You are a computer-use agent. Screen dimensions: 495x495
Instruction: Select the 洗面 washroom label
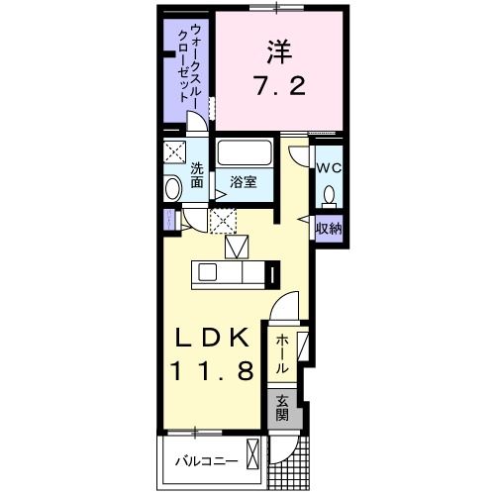pos(197,174)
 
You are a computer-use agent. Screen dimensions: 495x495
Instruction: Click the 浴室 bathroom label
pos(244,181)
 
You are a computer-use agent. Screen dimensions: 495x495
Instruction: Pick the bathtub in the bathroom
pos(243,153)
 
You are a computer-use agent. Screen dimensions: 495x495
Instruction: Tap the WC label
pos(329,167)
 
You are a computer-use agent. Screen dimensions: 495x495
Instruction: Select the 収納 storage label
pos(329,229)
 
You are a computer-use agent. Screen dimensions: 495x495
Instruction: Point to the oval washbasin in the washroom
pos(173,189)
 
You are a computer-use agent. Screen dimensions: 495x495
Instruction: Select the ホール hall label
pos(282,353)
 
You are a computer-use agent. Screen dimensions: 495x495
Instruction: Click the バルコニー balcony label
pos(206,461)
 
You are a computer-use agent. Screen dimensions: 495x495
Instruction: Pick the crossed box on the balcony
pos(253,458)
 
